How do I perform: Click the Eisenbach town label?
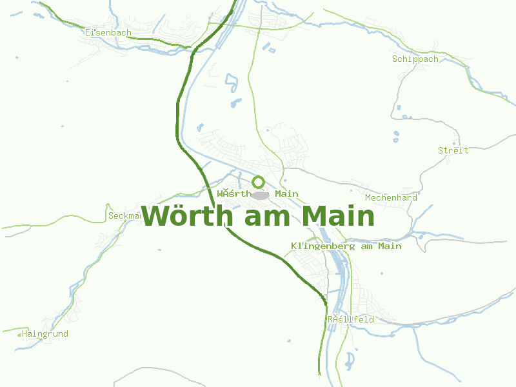(x=108, y=32)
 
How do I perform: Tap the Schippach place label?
(x=415, y=59)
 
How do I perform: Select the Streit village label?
(x=453, y=150)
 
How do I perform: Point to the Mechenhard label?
(x=391, y=197)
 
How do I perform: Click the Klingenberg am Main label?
(x=346, y=246)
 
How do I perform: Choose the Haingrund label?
(x=45, y=334)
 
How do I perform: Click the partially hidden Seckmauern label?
(x=124, y=215)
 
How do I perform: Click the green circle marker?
(x=259, y=182)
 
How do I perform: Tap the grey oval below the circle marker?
(x=259, y=195)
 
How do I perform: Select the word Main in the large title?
(x=337, y=217)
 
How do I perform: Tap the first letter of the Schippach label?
(x=395, y=59)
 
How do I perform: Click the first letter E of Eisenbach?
(x=88, y=32)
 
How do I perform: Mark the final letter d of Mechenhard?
(x=414, y=197)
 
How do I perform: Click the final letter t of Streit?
(x=466, y=150)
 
